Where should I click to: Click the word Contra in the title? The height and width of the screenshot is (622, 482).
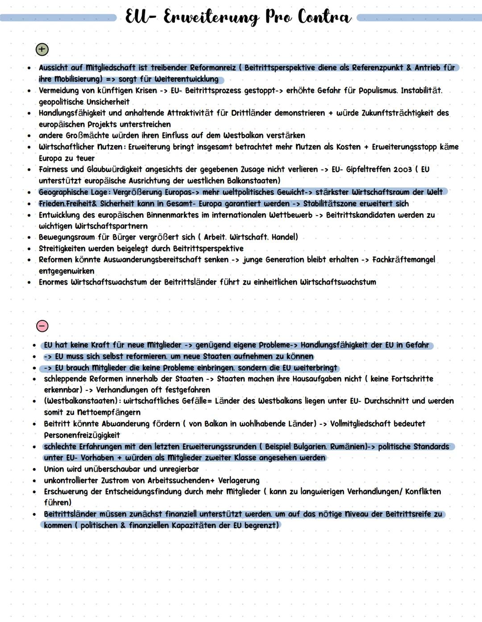tap(324, 17)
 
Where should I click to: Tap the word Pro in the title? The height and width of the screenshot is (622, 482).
tap(278, 17)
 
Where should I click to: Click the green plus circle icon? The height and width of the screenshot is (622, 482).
tap(42, 50)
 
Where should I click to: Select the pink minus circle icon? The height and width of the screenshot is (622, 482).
tap(42, 326)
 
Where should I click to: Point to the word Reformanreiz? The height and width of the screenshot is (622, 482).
tap(213, 68)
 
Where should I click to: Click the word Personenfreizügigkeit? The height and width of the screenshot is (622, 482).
tap(82, 435)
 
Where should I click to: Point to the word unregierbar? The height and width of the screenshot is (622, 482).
tap(177, 469)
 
